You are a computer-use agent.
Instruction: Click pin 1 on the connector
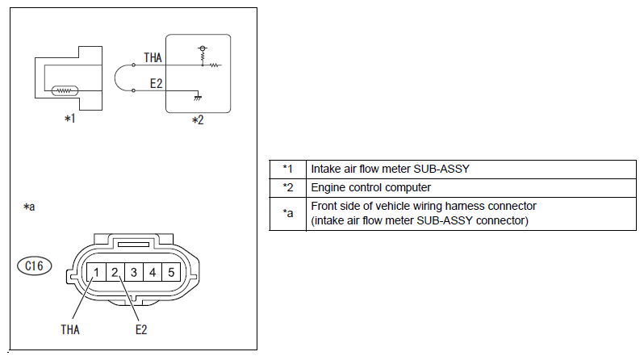(97, 272)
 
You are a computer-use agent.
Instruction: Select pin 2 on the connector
(115, 272)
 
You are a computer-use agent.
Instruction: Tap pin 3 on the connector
(134, 272)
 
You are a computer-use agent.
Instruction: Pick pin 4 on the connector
(153, 272)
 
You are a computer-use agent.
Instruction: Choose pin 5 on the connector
(171, 272)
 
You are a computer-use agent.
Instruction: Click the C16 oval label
(35, 266)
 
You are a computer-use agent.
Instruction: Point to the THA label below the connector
(70, 329)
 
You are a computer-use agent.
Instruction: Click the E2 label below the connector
(141, 329)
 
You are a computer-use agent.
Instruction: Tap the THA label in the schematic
(153, 58)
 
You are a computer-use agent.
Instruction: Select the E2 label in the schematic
(156, 84)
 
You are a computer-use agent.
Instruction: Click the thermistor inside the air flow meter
(65, 90)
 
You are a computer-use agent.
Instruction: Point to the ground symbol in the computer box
(198, 98)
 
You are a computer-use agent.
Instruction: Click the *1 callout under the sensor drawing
(70, 119)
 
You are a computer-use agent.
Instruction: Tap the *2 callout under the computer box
(198, 120)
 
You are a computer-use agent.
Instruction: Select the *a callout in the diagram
(29, 207)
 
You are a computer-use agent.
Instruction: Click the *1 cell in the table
(288, 169)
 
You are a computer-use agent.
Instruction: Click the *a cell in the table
(288, 214)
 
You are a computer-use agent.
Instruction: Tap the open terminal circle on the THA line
(133, 65)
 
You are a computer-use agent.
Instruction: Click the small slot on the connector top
(133, 245)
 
